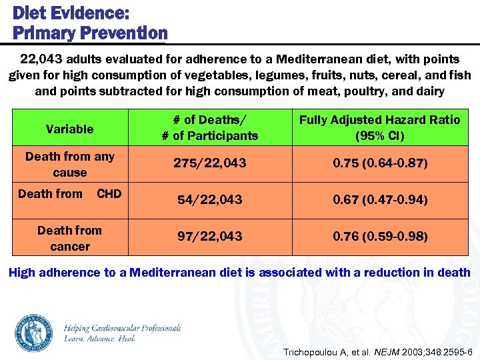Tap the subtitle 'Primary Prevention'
coord(90,33)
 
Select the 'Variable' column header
coord(69,129)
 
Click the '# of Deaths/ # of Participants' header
coord(209,127)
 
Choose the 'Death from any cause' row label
coord(69,164)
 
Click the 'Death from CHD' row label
coord(69,194)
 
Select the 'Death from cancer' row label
coord(69,238)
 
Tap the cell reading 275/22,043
coord(209,163)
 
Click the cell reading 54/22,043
coord(209,199)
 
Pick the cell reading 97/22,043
coord(209,237)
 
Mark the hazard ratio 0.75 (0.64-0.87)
coord(379,163)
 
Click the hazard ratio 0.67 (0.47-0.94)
coord(379,199)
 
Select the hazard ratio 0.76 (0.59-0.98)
coord(379,237)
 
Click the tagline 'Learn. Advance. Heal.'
coord(99,339)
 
